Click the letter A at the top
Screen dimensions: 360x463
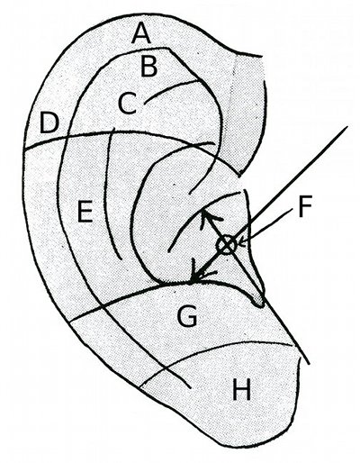point(141,33)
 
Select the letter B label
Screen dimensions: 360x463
point(149,66)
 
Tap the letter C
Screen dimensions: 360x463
point(128,103)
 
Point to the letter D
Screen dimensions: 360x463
point(49,123)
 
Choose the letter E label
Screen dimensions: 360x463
point(85,212)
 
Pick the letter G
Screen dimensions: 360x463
point(187,316)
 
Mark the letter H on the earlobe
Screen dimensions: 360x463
point(241,389)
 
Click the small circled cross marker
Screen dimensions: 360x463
point(227,245)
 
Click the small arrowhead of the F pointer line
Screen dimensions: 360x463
point(242,242)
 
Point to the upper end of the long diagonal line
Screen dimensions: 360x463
point(347,127)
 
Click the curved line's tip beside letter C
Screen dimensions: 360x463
point(145,104)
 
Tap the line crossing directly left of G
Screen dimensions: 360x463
point(103,307)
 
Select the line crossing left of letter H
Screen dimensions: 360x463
point(166,368)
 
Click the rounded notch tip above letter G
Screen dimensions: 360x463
point(258,304)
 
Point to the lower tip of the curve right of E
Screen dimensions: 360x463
point(121,259)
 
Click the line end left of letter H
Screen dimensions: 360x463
point(140,386)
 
